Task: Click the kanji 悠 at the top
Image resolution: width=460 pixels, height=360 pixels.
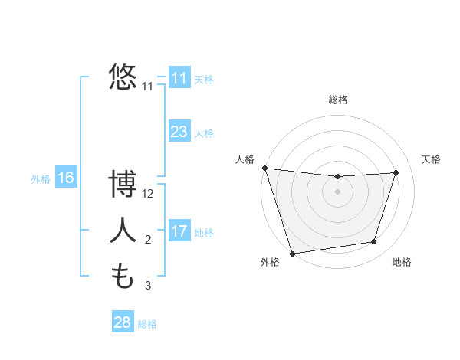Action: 123,77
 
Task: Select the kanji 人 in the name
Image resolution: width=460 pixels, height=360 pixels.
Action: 123,231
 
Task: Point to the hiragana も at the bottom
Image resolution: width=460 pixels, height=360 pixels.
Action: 123,277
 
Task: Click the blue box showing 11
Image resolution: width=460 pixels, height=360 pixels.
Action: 179,77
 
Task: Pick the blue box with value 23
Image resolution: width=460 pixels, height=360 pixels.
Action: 179,131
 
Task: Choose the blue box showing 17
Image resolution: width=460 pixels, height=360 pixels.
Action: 179,231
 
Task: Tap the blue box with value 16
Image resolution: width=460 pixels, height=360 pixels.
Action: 65,178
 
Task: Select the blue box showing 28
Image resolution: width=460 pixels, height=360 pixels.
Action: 122,322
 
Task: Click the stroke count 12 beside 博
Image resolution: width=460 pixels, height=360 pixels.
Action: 148,194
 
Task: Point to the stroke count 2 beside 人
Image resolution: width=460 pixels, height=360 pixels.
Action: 148,241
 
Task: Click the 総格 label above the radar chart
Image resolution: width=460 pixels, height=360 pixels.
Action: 338,100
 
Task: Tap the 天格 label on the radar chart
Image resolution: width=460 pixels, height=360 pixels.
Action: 431,159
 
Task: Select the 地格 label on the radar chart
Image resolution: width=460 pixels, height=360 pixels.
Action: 402,262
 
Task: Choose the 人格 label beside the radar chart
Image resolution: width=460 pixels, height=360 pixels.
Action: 245,159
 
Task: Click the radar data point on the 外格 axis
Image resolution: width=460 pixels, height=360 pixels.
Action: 292,253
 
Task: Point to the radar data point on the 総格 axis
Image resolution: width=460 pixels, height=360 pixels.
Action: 337,177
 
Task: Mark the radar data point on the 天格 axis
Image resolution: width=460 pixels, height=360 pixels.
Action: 396,172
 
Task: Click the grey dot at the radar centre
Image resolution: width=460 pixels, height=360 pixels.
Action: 337,191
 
